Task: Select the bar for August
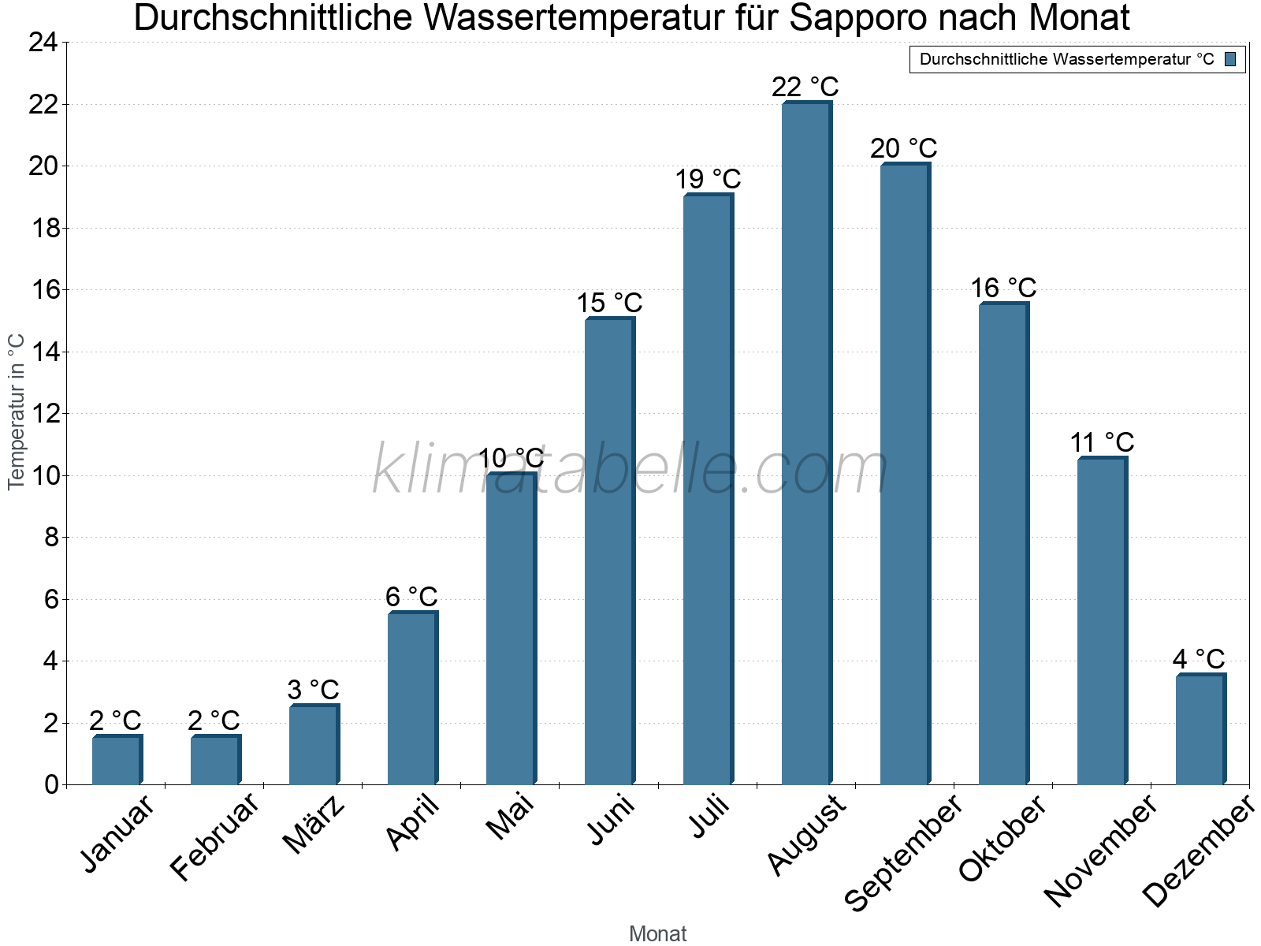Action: pyautogui.click(x=806, y=443)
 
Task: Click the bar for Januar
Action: pyautogui.click(x=117, y=760)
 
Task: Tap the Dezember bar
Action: pyautogui.click(x=1200, y=729)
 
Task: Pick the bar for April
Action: pyautogui.click(x=412, y=698)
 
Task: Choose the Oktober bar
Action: pyautogui.click(x=1003, y=544)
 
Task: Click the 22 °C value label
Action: pyautogui.click(x=805, y=87)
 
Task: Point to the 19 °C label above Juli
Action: pyautogui.click(x=708, y=180)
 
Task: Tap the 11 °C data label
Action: pyautogui.click(x=1102, y=443)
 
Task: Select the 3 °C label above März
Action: pyautogui.click(x=313, y=691)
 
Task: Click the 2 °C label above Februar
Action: pyautogui.click(x=214, y=721)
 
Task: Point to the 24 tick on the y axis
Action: pyautogui.click(x=43, y=43)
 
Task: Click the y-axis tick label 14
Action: pyautogui.click(x=43, y=352)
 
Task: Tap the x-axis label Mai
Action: pyautogui.click(x=511, y=818)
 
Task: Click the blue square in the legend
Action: pyautogui.click(x=1230, y=59)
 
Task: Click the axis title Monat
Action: pyautogui.click(x=657, y=934)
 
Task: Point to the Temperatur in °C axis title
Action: pyautogui.click(x=17, y=412)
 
